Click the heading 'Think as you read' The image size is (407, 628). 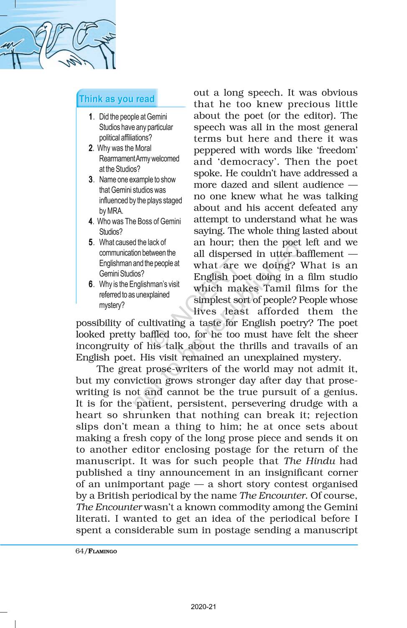pyautogui.click(x=117, y=99)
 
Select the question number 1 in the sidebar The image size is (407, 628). pyautogui.click(x=91, y=117)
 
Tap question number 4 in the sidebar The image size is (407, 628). pyautogui.click(x=90, y=221)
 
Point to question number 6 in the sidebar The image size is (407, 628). pyautogui.click(x=91, y=284)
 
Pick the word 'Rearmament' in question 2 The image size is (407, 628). pyautogui.click(x=117, y=159)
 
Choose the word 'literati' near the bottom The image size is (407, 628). pyautogui.click(x=91, y=519)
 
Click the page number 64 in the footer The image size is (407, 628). pyautogui.click(x=80, y=551)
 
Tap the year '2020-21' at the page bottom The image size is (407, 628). pyautogui.click(x=203, y=607)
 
